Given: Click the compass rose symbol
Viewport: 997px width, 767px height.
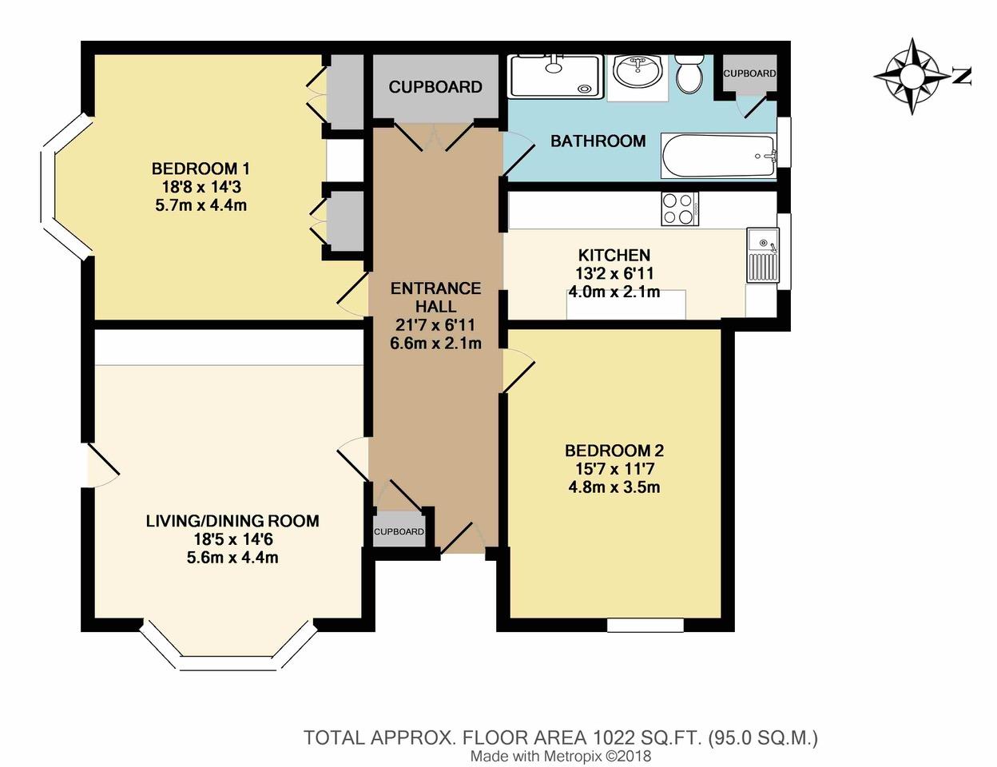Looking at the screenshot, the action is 912,76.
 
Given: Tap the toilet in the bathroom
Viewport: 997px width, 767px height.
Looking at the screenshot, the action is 689,74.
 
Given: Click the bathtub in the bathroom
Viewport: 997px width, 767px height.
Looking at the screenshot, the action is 718,156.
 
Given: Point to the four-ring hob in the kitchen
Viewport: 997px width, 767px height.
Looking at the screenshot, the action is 680,209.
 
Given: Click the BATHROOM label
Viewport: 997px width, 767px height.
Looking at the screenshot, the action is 598,141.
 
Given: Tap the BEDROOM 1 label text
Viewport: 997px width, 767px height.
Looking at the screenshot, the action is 201,169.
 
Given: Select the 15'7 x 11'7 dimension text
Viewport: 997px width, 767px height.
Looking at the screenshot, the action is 614,469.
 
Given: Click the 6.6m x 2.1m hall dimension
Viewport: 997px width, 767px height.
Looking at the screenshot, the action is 435,343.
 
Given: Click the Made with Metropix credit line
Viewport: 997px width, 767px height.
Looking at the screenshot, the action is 561,756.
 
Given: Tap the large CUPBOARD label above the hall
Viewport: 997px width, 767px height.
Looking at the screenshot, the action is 435,87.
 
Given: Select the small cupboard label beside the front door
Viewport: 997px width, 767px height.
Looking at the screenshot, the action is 399,531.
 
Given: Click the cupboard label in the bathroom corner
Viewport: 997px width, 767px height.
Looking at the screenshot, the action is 749,74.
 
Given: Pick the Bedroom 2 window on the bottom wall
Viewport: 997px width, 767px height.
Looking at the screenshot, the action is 645,625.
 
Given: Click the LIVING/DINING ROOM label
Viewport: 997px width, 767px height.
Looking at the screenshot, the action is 232,521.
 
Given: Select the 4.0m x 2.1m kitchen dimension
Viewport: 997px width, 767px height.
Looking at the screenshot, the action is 614,292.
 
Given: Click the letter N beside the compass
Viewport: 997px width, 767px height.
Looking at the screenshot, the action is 962,76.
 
